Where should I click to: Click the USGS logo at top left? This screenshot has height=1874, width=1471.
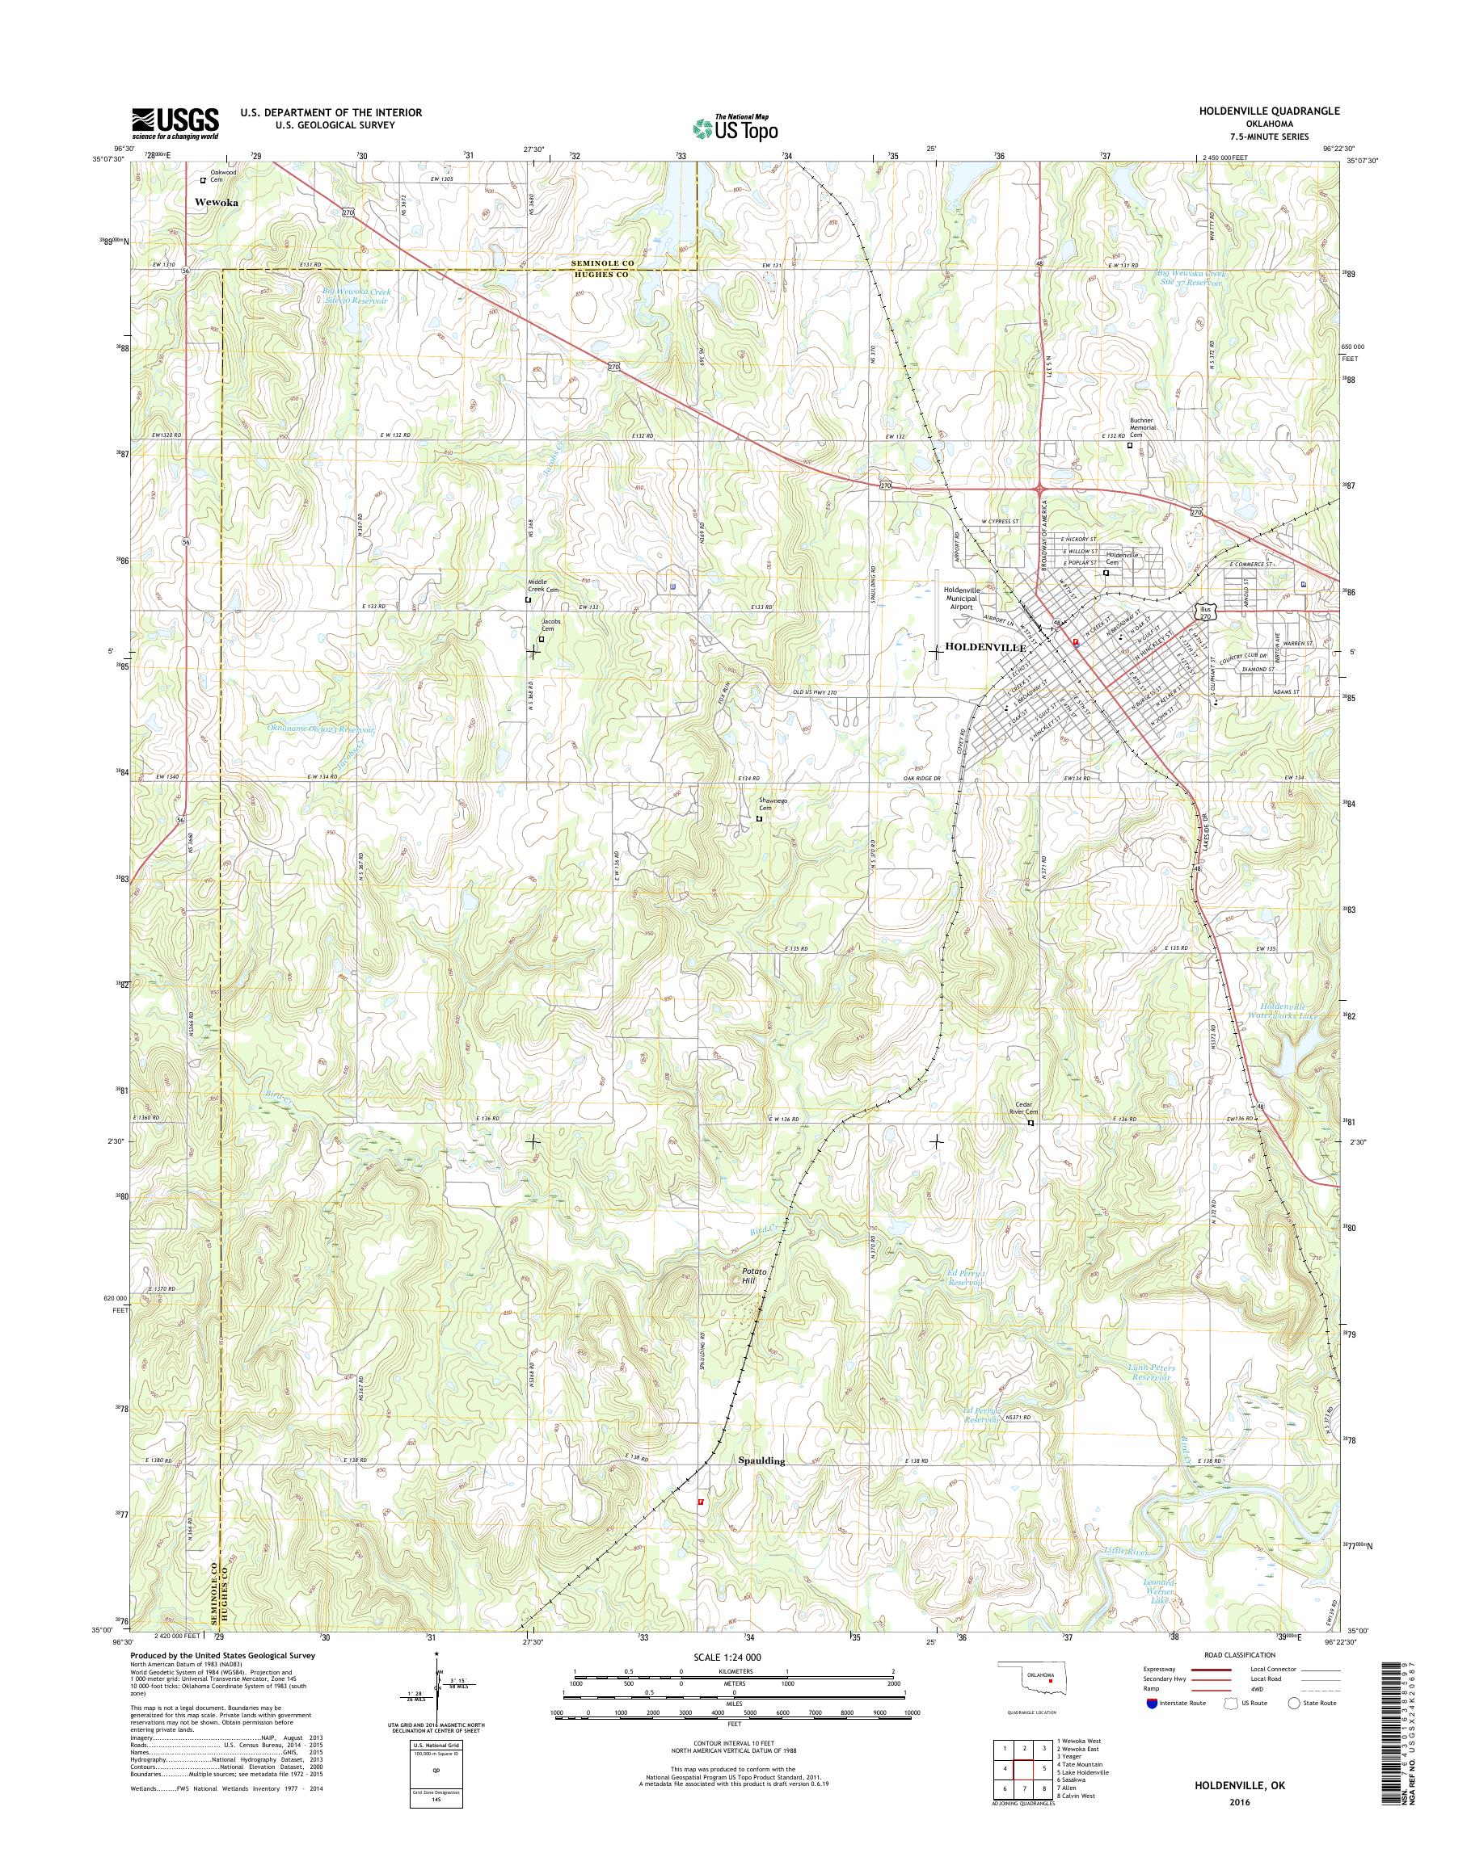[175, 124]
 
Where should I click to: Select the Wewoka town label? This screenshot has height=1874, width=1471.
[215, 204]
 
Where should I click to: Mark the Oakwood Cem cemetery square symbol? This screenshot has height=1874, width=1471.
[203, 181]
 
